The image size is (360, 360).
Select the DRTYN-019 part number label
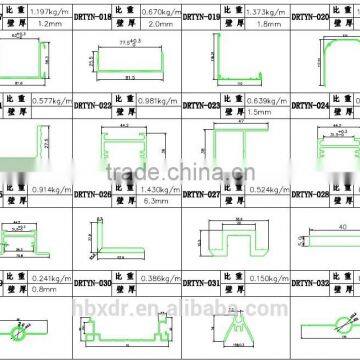click(200, 17)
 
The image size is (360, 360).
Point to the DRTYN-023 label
click(200, 104)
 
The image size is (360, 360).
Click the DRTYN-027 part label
click(200, 194)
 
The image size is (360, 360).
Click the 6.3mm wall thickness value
click(151, 200)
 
